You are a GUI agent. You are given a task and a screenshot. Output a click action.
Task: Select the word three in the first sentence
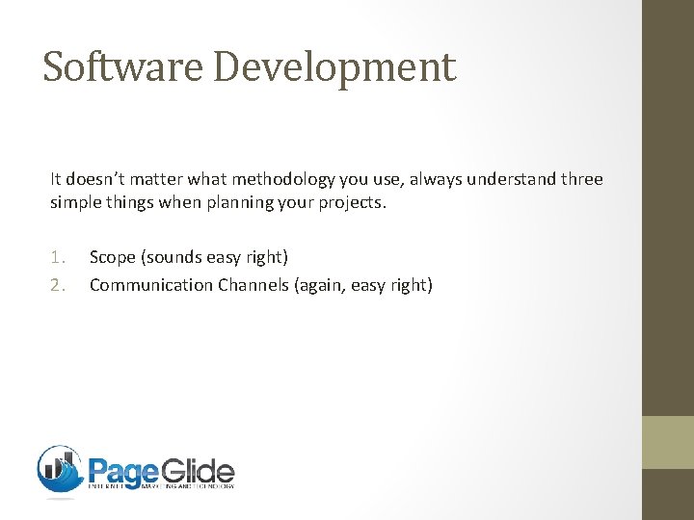[x=580, y=180]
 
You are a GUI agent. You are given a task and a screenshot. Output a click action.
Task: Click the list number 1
[x=58, y=257]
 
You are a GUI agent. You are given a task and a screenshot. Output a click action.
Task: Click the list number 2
[x=58, y=285]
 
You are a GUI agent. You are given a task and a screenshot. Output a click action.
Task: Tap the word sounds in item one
[x=177, y=257]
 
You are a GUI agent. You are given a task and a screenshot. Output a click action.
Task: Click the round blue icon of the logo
[x=61, y=470]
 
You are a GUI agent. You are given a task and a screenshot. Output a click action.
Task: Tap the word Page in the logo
[x=123, y=472]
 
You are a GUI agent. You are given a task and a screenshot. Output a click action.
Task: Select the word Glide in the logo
[x=199, y=472]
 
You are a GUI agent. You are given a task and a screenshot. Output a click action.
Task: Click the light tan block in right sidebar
[x=669, y=442]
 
